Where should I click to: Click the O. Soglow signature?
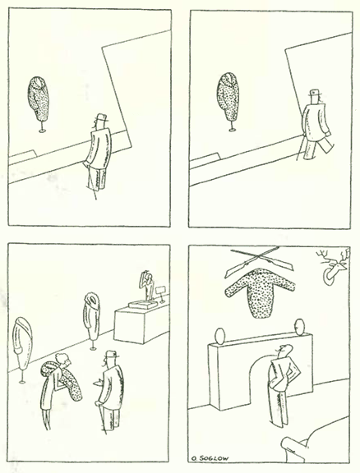(210, 458)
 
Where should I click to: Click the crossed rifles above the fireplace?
(259, 260)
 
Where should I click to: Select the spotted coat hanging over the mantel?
(260, 292)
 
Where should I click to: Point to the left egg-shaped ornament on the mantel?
(220, 336)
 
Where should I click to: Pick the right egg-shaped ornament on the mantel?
(299, 327)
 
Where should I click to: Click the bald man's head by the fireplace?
(285, 351)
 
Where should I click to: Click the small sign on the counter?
(160, 290)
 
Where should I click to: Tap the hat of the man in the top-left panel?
(101, 117)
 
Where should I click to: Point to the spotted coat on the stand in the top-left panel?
(39, 99)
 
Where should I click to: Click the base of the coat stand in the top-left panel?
(42, 131)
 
